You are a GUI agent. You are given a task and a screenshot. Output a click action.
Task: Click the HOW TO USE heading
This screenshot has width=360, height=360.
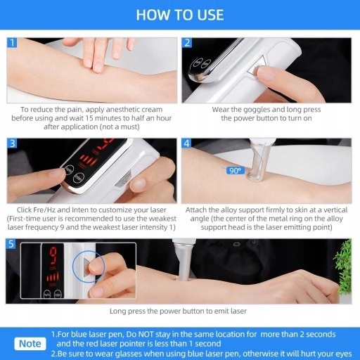pyautogui.click(x=180, y=15)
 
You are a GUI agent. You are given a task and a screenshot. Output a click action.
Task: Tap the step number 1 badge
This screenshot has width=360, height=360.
pyautogui.click(x=12, y=43)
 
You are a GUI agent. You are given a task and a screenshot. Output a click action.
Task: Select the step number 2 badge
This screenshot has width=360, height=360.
pyautogui.click(x=187, y=43)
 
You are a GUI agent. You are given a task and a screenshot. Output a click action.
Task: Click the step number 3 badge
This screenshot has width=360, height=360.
pyautogui.click(x=12, y=143)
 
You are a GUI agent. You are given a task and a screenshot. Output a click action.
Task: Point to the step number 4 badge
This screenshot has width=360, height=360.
pyautogui.click(x=187, y=143)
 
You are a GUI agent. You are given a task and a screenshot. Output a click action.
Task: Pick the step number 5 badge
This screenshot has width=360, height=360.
pyautogui.click(x=11, y=244)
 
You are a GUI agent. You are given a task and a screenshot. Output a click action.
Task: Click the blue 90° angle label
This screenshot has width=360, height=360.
pyautogui.click(x=236, y=170)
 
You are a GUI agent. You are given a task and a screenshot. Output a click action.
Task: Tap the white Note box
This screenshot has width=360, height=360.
pyautogui.click(x=30, y=344)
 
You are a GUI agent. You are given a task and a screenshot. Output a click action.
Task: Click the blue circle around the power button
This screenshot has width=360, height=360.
pyautogui.click(x=89, y=266)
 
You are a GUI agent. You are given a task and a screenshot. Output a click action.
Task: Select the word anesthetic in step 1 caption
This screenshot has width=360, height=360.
pyautogui.click(x=124, y=110)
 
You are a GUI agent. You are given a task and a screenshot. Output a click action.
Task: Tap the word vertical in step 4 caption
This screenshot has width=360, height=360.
pyautogui.click(x=335, y=210)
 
